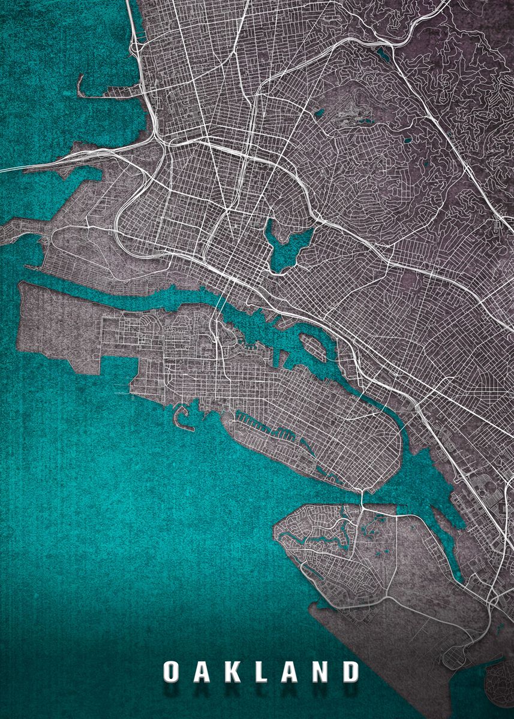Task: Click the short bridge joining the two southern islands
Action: (x=363, y=499)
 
